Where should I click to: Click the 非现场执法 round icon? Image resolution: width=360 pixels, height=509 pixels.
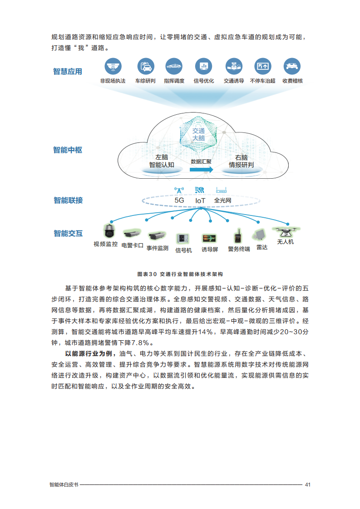pyautogui.click(x=113, y=66)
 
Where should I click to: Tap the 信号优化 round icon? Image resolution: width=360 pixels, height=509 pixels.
pyautogui.click(x=203, y=66)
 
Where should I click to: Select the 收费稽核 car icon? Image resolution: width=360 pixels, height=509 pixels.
pyautogui.click(x=292, y=66)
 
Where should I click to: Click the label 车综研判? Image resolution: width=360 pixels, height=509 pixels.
pyautogui.click(x=145, y=81)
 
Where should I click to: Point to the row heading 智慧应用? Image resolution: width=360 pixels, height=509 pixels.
pyautogui.click(x=68, y=71)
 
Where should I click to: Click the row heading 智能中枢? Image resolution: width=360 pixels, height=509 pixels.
pyautogui.click(x=68, y=150)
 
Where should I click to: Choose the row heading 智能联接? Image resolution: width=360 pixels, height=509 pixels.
pyautogui.click(x=68, y=201)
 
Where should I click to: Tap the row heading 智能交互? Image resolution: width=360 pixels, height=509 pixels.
pyautogui.click(x=68, y=233)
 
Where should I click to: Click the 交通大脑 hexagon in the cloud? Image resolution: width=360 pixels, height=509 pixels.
pyautogui.click(x=198, y=134)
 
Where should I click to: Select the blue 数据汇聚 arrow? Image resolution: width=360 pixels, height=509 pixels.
pyautogui.click(x=202, y=170)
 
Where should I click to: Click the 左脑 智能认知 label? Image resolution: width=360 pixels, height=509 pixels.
pyautogui.click(x=162, y=162)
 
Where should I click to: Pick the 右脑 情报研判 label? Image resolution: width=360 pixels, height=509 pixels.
pyautogui.click(x=241, y=162)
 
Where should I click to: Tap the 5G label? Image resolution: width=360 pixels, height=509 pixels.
pyautogui.click(x=179, y=201)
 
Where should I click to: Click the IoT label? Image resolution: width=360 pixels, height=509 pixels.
pyautogui.click(x=200, y=201)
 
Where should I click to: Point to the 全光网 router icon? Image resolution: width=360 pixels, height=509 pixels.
pyautogui.click(x=221, y=190)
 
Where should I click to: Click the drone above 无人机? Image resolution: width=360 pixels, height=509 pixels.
pyautogui.click(x=286, y=231)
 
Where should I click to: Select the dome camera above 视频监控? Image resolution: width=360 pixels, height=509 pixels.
pyautogui.click(x=109, y=231)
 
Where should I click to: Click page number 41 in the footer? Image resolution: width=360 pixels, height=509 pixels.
pyautogui.click(x=308, y=485)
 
